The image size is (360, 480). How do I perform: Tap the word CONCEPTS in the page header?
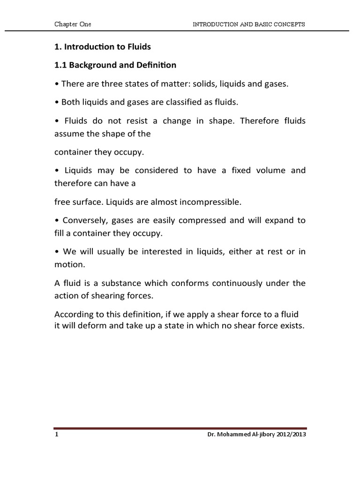coord(285,25)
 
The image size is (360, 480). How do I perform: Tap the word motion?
coord(69,264)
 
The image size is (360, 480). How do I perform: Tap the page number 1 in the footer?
coord(56,435)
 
